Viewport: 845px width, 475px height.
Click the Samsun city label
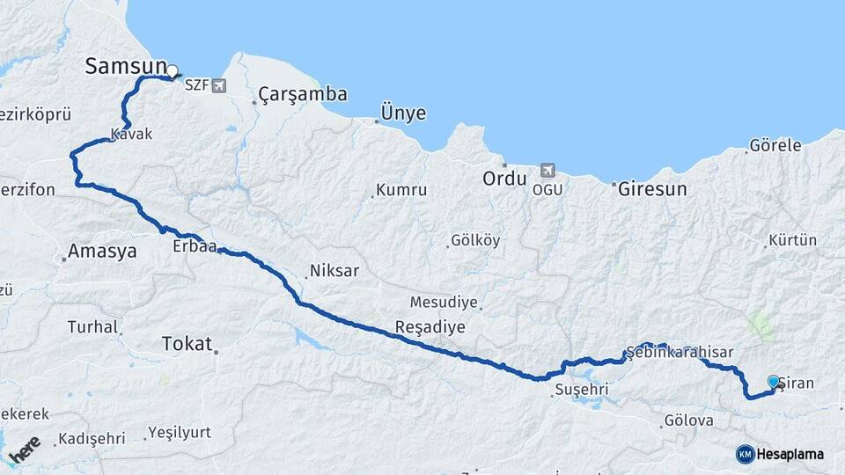(125, 66)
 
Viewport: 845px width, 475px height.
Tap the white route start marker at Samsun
(173, 71)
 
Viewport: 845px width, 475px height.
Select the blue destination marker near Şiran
(773, 381)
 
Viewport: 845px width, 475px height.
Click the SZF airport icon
(218, 85)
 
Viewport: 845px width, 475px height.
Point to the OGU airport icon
(547, 170)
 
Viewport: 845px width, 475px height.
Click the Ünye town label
(403, 113)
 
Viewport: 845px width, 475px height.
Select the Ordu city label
(503, 179)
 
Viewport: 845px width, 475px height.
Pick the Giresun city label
(651, 188)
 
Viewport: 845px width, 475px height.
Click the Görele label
(775, 146)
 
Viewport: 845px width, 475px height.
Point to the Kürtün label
(793, 240)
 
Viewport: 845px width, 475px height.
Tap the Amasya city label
(102, 252)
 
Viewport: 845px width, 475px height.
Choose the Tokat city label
(187, 344)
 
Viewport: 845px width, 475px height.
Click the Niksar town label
(334, 271)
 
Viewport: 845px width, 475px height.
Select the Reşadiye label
(430, 326)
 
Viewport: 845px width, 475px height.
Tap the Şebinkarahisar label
(680, 352)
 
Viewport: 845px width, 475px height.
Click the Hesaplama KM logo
(780, 454)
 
